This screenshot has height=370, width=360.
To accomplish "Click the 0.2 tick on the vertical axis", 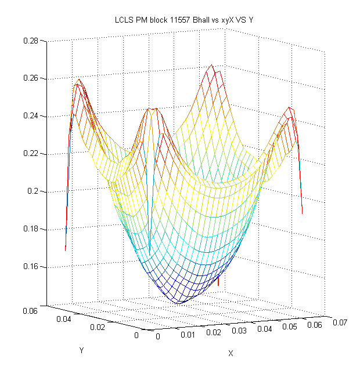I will pyautogui.click(x=33, y=191).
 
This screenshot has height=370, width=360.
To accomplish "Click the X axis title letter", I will pyautogui.click(x=231, y=353).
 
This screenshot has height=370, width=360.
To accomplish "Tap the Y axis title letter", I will pyautogui.click(x=81, y=350).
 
